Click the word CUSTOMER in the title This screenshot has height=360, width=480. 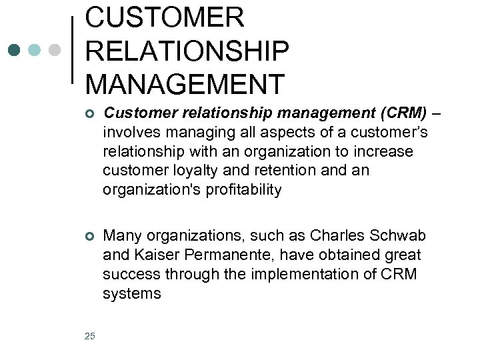tap(165, 17)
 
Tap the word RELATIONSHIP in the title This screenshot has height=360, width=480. tap(187, 51)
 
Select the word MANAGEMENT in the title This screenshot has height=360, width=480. tap(185, 84)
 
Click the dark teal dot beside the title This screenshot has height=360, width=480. tap(15, 50)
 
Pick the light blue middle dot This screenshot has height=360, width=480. tap(35, 50)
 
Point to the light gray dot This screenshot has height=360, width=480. tap(55, 50)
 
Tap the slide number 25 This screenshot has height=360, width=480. tap(90, 335)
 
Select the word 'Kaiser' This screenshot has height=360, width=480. tap(149, 255)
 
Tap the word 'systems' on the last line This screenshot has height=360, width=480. tap(131, 294)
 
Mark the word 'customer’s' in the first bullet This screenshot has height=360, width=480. tap(391, 133)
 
